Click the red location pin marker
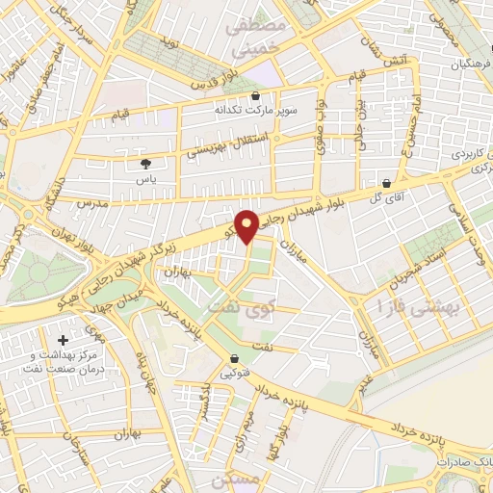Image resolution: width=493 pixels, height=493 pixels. tap(247, 225)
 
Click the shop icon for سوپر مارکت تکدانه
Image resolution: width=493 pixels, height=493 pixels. tap(255, 96)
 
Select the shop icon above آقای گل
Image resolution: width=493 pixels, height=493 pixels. tap(386, 183)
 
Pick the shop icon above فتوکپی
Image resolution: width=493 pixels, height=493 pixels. tap(234, 360)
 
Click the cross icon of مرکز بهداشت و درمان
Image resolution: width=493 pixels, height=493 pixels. tap(64, 340)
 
